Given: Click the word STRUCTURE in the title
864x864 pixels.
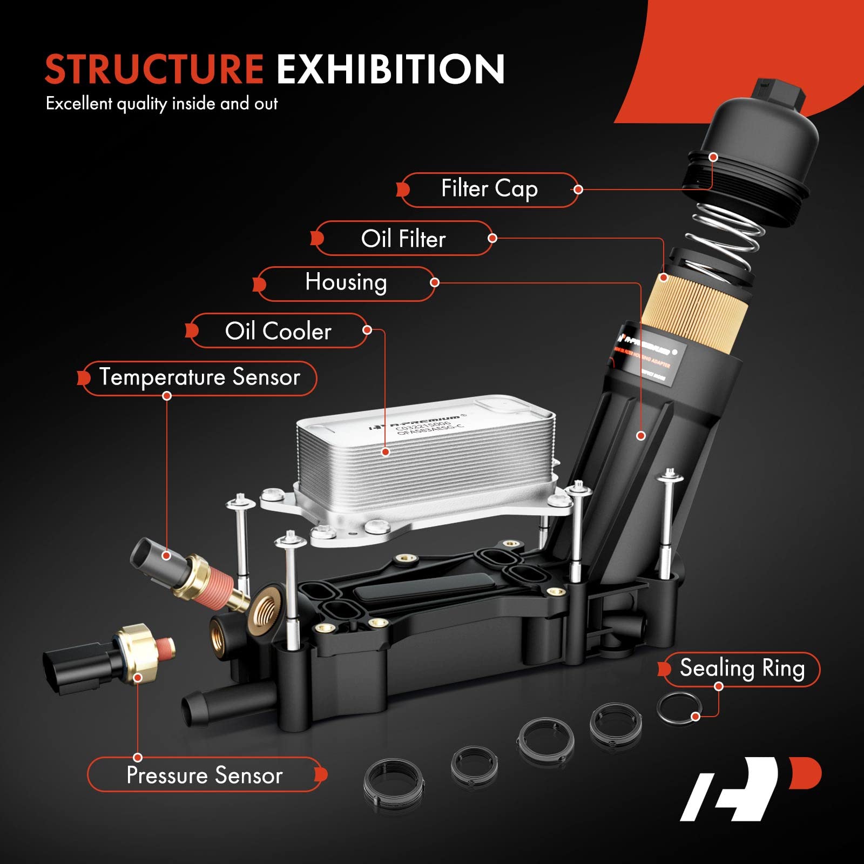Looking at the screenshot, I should pos(154,69).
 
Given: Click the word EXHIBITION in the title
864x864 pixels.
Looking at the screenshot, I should pos(390,69).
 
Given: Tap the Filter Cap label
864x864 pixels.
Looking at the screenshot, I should pos(489,190).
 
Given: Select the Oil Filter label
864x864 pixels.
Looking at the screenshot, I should pos(403,239).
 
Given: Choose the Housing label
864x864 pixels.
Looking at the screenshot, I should pos(346,283).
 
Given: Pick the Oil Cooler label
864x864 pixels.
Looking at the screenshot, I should pos(278,331).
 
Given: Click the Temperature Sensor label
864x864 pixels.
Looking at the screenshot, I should pos(199,377).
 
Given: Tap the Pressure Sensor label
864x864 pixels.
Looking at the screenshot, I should pos(205,775).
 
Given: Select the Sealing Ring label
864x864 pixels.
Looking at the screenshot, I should pos(742,669).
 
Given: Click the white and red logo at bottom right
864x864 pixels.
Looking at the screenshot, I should pos(751,788).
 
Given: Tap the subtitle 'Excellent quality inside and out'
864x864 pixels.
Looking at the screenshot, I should pos(161,104).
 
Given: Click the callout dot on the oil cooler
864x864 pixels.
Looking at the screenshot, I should pos(386,452).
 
